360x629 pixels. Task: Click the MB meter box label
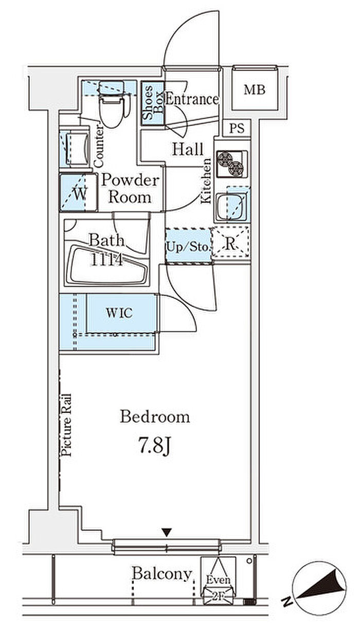point(255,90)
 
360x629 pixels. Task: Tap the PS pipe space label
point(237,128)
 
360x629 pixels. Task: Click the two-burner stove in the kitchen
point(232,164)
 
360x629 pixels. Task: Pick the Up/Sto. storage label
point(188,247)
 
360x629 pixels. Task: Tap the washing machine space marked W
point(79,193)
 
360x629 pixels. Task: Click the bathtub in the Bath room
point(106,266)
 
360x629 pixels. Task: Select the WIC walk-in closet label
point(119,313)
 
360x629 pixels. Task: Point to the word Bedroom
point(155,417)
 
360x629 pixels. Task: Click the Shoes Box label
point(153,103)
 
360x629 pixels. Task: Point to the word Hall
point(187,149)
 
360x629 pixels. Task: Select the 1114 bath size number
point(106,260)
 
